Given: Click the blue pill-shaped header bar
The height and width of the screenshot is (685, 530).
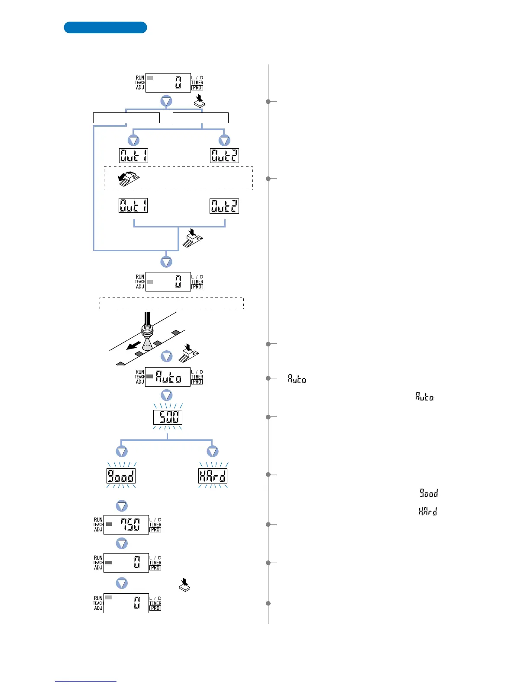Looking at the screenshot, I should coord(105,27).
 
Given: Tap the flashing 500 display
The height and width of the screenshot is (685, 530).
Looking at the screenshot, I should coord(168,417).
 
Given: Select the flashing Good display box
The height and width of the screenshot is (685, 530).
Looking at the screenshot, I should coord(121,476).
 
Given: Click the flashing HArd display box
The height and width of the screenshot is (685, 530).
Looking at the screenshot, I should coord(213,476).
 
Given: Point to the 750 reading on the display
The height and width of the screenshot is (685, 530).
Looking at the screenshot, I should coord(130,525).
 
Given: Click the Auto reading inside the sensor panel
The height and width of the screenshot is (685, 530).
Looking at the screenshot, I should coord(168,377).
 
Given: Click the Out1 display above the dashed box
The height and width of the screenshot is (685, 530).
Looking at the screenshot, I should coord(134,156).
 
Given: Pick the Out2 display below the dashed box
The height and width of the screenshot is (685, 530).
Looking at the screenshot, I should coord(224,206).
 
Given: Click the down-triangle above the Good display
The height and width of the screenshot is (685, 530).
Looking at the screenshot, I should coord(122,451).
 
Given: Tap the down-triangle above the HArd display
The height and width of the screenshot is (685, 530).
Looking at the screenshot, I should coord(213,451).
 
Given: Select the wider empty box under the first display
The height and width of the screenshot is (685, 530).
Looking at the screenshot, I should coord(126,118).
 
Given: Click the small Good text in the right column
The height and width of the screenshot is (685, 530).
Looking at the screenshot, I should coord(429,493).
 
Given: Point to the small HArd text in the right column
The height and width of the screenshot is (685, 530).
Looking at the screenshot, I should coord(428,511).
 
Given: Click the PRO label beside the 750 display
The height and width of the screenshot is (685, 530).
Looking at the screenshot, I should coord(155,530).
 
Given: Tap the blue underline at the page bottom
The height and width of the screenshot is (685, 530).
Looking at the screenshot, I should coord(86,681).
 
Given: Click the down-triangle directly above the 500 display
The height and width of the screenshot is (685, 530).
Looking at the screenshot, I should coord(167,395).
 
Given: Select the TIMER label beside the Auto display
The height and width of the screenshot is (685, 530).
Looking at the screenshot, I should coord(197,377).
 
